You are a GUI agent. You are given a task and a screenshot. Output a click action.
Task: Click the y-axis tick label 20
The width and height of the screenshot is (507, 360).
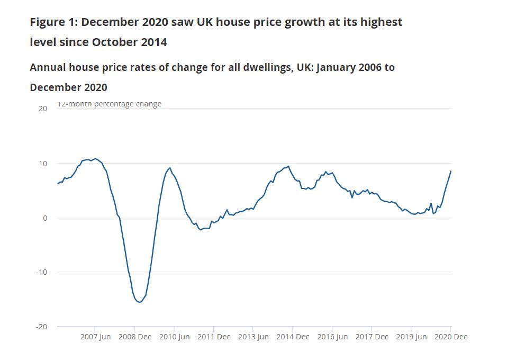pyautogui.click(x=43, y=109)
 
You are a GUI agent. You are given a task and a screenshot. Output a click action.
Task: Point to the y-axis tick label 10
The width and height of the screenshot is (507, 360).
pyautogui.click(x=43, y=164)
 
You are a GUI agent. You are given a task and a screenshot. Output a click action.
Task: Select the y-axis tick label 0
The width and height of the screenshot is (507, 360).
pyautogui.click(x=45, y=218)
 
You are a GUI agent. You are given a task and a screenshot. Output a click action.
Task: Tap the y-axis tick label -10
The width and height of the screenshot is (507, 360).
pyautogui.click(x=41, y=272)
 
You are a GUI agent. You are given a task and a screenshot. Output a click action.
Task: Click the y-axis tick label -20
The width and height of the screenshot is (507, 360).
pyautogui.click(x=41, y=327)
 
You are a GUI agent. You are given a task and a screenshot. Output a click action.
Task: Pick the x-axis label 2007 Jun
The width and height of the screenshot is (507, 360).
pyautogui.click(x=95, y=337)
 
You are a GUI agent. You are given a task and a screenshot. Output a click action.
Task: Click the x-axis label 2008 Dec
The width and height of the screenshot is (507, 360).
pyautogui.click(x=134, y=337)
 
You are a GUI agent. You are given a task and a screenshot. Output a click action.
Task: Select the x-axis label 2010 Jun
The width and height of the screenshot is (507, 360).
pyautogui.click(x=174, y=337)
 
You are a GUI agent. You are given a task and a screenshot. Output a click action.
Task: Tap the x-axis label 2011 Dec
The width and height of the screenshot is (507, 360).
pyautogui.click(x=213, y=337)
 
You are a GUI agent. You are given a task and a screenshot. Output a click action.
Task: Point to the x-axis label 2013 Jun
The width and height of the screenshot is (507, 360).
pyautogui.click(x=253, y=337)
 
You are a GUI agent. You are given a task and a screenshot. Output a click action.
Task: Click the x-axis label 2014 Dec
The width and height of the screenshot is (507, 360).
pyautogui.click(x=292, y=337)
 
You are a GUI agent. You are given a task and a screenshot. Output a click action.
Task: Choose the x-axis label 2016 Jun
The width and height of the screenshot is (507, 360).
pyautogui.click(x=332, y=337)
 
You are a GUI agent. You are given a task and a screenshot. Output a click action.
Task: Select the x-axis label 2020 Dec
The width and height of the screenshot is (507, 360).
pyautogui.click(x=450, y=337)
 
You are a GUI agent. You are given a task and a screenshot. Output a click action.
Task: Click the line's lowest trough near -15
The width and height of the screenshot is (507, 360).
pyautogui.click(x=139, y=302)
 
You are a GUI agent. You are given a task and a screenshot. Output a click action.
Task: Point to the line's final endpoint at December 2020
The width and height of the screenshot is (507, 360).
pyautogui.click(x=451, y=171)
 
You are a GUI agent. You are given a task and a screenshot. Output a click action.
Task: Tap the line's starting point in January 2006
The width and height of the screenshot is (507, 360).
pyautogui.click(x=58, y=184)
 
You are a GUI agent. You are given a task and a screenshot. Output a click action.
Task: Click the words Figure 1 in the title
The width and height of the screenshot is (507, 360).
pyautogui.click(x=52, y=22)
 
